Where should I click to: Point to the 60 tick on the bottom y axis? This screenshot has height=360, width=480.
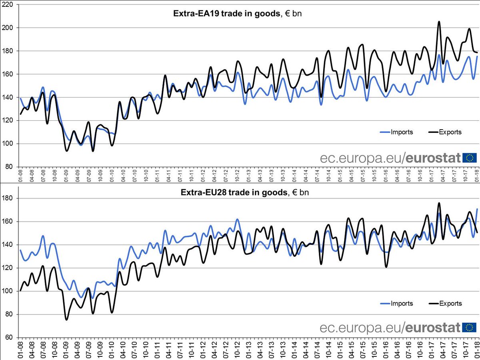(9, 338)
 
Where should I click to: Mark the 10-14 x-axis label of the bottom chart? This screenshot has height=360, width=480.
(329, 347)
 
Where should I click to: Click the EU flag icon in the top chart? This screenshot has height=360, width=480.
(470, 158)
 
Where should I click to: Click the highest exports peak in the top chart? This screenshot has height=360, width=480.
(439, 22)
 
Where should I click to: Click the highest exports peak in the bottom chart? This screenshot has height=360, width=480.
(439, 203)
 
